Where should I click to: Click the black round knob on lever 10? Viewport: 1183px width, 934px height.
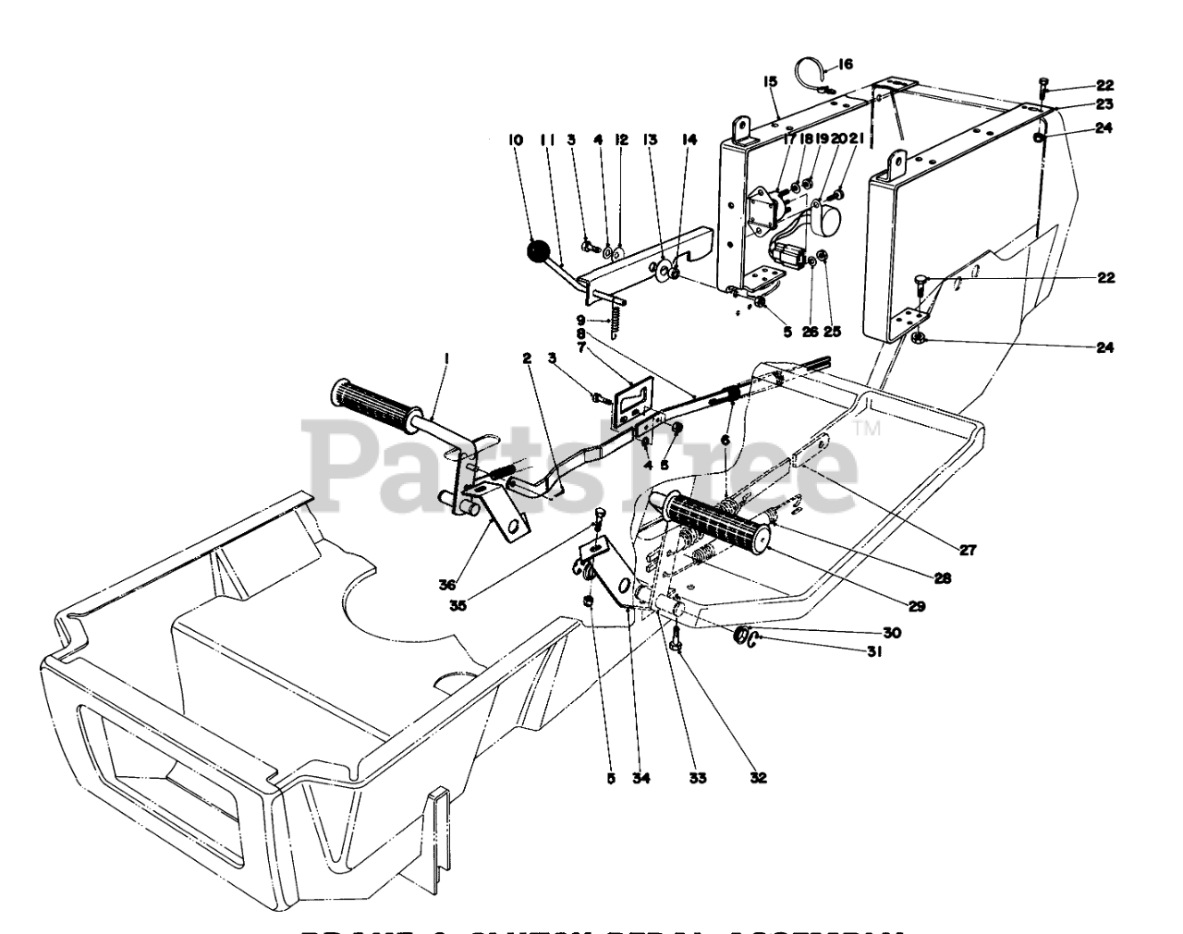pyautogui.click(x=538, y=250)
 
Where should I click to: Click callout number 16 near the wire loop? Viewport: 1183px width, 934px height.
pyautogui.click(x=846, y=65)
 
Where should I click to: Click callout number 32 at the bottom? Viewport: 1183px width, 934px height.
pyautogui.click(x=758, y=778)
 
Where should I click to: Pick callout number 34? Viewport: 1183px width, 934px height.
pyautogui.click(x=641, y=778)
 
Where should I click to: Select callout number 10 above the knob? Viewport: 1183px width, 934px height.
pyautogui.click(x=515, y=140)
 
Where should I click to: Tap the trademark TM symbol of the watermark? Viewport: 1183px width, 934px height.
pyautogui.click(x=866, y=429)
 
